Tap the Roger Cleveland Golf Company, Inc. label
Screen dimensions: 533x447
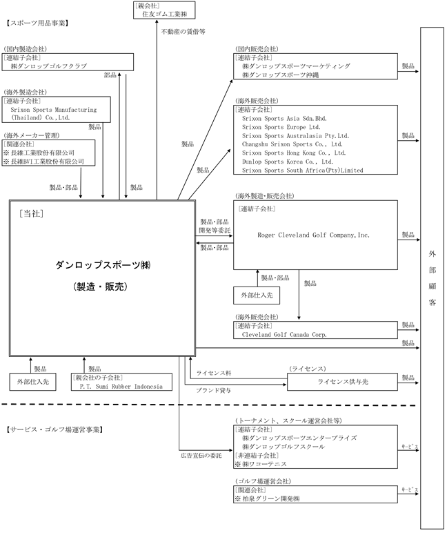(314, 235)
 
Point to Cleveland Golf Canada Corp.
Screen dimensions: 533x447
(284, 334)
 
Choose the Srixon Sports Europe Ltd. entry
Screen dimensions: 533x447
(281, 127)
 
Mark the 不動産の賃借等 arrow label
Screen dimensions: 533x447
(183, 31)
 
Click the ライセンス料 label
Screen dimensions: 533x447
(212, 373)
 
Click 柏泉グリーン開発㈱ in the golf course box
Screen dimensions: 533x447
(272, 498)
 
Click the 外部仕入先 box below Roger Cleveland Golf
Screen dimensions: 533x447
(257, 296)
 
